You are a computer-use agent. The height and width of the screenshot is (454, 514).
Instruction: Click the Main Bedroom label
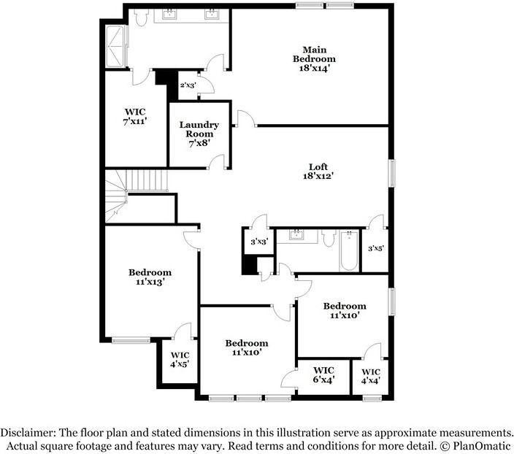[314, 58]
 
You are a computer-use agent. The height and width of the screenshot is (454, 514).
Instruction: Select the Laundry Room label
[199, 134]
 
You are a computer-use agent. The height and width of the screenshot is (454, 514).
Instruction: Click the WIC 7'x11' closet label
[135, 117]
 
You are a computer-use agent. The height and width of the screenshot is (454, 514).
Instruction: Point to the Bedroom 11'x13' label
[150, 277]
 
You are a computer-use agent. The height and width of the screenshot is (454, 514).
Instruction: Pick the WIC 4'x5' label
[180, 358]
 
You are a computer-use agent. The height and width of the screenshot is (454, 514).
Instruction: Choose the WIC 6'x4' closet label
[323, 374]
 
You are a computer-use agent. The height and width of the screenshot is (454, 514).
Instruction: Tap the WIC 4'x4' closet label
[371, 376]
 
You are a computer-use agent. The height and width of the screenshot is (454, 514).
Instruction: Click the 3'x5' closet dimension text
[376, 248]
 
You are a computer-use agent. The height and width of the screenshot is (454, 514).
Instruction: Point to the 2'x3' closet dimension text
[188, 85]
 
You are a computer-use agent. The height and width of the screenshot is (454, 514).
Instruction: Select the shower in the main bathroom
[115, 46]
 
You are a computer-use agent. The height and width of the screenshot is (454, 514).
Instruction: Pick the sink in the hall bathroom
[296, 235]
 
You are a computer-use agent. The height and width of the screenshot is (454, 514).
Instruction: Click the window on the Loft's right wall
[392, 173]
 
